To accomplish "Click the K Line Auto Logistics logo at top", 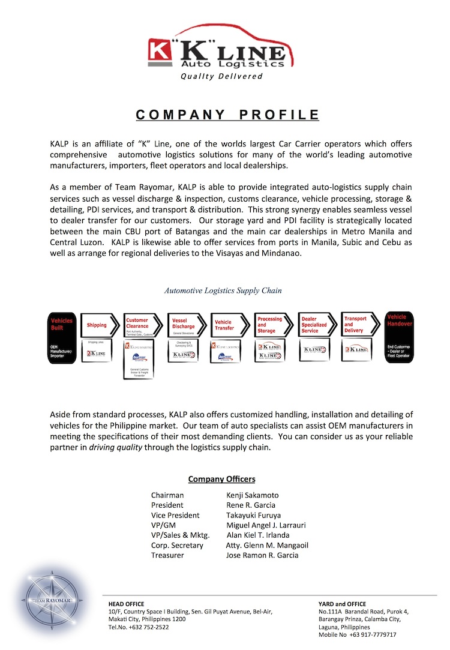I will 224,52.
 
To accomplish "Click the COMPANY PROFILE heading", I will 227,115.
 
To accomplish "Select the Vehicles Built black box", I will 62,337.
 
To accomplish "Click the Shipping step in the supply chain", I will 97,325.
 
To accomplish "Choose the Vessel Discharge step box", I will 187,325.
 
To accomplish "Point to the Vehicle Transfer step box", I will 229,325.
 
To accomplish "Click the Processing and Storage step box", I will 273,325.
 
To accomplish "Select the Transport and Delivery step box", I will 359,325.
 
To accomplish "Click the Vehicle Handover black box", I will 398,337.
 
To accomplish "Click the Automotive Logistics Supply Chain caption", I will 223,290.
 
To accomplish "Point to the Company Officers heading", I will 221,479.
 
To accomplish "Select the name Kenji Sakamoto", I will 253,495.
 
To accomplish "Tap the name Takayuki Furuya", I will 253,515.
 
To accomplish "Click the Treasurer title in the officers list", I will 167,555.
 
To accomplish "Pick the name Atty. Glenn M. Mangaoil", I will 267,545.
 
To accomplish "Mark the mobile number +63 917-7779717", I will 374,634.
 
